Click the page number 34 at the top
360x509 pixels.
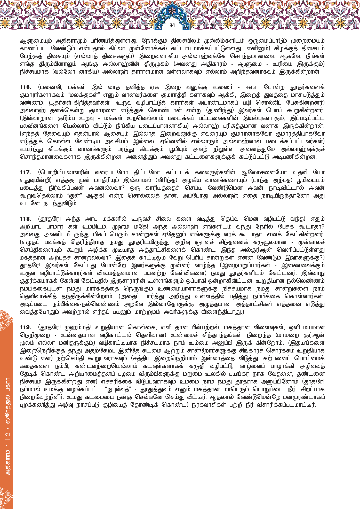[172, 25]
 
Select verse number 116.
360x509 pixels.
[25, 87]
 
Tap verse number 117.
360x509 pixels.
[25, 173]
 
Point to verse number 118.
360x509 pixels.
[25, 219]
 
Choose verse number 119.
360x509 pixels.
[25, 327]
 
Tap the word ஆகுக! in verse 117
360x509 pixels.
[95, 196]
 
